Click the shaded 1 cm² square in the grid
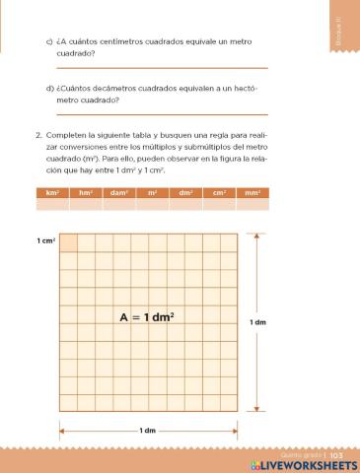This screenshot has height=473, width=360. tap(68, 242)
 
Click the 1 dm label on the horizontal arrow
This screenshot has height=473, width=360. tap(147, 430)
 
